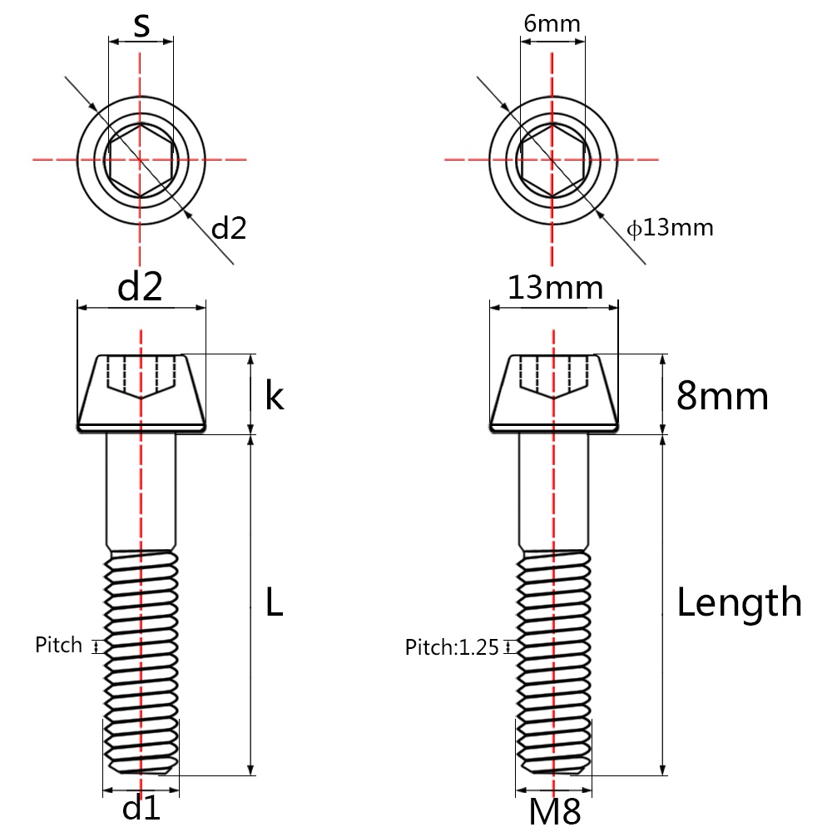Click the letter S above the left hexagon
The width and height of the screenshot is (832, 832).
tap(142, 25)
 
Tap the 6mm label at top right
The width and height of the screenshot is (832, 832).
tap(552, 23)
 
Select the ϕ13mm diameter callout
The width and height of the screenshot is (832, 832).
tap(671, 227)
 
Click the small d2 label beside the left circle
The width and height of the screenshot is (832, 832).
tap(229, 228)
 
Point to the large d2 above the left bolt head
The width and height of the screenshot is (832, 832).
tap(140, 288)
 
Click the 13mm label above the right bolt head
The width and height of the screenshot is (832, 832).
tap(555, 288)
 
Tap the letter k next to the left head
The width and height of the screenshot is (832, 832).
tap(275, 396)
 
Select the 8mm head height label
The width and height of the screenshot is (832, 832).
tap(721, 396)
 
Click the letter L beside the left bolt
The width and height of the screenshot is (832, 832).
tap(274, 602)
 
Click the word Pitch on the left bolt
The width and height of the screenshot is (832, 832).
tap(59, 645)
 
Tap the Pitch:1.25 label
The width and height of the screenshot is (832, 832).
tap(452, 647)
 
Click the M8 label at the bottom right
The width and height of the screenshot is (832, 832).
tap(555, 810)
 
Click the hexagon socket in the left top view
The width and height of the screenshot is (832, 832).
tap(141, 158)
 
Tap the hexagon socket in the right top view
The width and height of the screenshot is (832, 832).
tap(552, 158)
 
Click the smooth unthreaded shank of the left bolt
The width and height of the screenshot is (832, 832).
tap(141, 491)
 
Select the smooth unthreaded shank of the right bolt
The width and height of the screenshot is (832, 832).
tap(554, 491)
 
